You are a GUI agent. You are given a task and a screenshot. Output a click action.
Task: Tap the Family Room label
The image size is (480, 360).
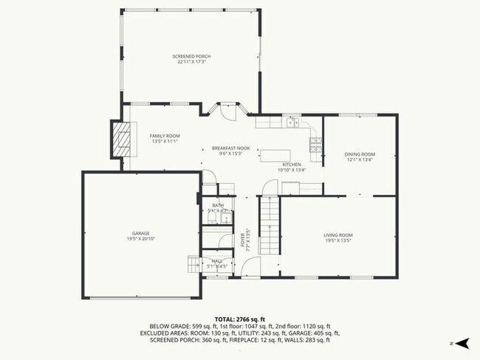[x=165, y=136]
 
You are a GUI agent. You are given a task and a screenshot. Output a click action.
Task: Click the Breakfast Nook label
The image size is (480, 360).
[x=230, y=148]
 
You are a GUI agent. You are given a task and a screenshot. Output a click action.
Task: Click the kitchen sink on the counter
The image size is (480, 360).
[x=292, y=122]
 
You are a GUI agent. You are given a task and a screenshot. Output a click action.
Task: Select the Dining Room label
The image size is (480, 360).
[x=360, y=154]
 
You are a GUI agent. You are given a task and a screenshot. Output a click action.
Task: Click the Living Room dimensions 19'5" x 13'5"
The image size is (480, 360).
[x=338, y=240]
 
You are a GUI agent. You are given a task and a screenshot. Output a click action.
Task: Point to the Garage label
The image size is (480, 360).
[x=140, y=234]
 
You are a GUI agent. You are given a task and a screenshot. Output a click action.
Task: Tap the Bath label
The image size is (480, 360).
[x=218, y=205]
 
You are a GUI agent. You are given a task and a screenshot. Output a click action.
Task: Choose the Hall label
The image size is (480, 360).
[x=217, y=260]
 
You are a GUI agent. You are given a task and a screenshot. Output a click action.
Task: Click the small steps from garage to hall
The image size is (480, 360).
[x=193, y=263]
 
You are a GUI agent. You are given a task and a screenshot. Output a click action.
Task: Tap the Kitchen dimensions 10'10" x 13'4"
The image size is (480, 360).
[x=292, y=170]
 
